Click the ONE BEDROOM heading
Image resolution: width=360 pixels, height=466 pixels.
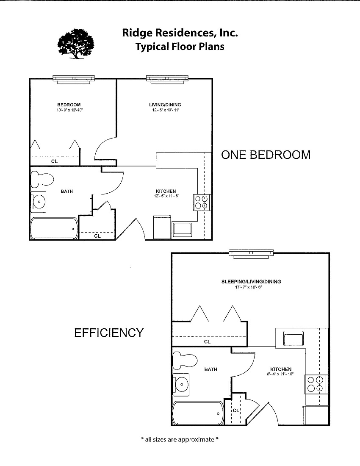[266, 155]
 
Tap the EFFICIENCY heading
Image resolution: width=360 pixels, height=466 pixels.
[109, 333]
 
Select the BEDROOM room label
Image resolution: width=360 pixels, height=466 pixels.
[69, 105]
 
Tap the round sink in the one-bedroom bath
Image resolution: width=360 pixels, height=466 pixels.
[39, 201]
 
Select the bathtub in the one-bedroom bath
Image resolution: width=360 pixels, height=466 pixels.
[54, 229]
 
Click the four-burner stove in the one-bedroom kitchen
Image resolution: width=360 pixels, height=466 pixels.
[201, 202]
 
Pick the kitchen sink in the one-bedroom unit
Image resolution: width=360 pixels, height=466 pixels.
[183, 229]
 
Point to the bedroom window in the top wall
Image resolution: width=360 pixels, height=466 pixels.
[74, 79]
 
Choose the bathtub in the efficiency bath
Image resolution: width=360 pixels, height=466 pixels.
[198, 413]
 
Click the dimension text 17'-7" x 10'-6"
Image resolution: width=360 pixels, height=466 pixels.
[251, 287]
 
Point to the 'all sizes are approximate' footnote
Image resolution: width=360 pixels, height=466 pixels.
[180, 439]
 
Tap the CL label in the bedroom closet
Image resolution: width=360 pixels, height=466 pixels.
[55, 161]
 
